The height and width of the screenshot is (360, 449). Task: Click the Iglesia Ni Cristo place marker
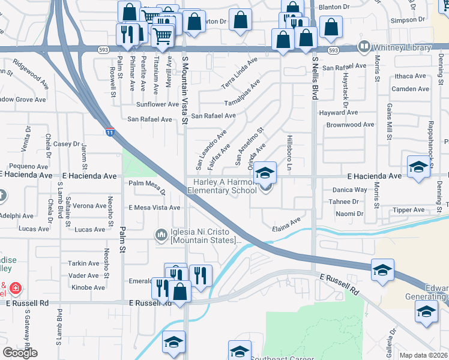[160, 234]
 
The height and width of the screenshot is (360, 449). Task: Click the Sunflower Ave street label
[157, 104]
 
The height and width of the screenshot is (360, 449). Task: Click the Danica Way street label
[349, 190]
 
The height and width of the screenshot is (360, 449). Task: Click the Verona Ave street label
[90, 206]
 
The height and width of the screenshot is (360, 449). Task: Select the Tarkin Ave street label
[83, 263]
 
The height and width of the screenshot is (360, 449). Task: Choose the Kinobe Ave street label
[88, 288]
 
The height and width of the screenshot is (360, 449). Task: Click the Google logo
[20, 353]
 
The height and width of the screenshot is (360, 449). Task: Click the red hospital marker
[15, 289]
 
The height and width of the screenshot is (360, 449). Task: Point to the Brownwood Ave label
[350, 125]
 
